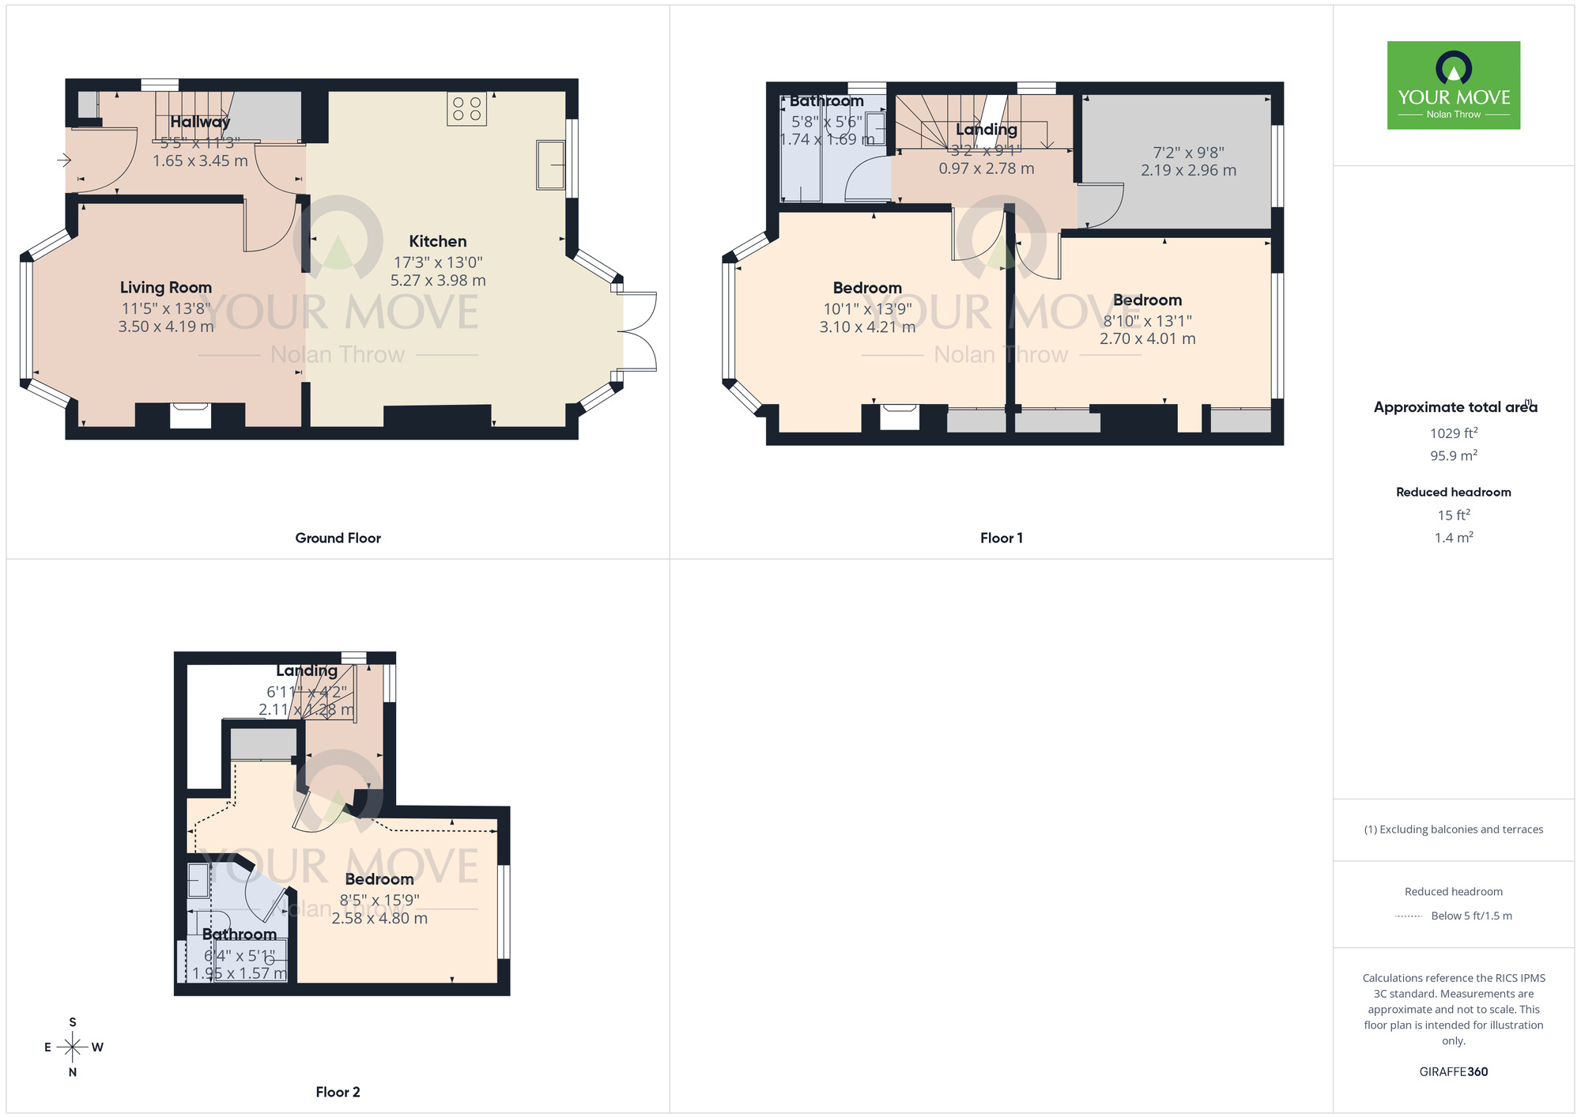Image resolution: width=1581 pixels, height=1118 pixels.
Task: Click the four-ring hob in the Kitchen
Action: (x=466, y=109)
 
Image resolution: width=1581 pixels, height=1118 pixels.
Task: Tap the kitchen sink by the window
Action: (x=550, y=164)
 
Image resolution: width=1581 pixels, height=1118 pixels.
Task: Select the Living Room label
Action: (x=166, y=288)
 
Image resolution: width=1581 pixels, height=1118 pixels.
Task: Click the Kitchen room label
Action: (x=438, y=241)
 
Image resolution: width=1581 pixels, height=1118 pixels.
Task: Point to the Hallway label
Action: (x=200, y=122)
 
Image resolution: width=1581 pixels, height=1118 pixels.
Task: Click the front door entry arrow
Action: (x=64, y=161)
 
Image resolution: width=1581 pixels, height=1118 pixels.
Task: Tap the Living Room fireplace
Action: (x=191, y=416)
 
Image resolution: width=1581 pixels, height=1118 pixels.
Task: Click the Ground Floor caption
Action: (x=338, y=538)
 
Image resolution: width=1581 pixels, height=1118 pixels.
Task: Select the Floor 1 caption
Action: (x=1001, y=538)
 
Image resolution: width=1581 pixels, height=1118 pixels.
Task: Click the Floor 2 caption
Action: (x=338, y=1092)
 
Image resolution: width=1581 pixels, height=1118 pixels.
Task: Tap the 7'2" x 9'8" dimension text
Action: (x=1188, y=153)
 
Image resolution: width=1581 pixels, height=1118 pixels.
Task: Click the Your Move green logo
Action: (x=1453, y=85)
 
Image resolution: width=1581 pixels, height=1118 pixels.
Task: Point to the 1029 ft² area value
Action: (x=1453, y=432)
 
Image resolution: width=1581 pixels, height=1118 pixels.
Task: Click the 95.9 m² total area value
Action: (x=1453, y=455)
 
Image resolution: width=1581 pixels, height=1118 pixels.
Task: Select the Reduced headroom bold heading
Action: (x=1453, y=492)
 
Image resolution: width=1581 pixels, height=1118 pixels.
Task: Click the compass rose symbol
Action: (x=73, y=1048)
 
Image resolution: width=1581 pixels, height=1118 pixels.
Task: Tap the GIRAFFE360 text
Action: (x=1453, y=1071)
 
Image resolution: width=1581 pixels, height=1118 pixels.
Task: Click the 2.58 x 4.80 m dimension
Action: (x=379, y=918)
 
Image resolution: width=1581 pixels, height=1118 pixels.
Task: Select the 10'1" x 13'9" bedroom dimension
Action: (x=867, y=309)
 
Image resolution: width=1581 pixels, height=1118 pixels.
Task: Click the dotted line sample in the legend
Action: (x=1409, y=916)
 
